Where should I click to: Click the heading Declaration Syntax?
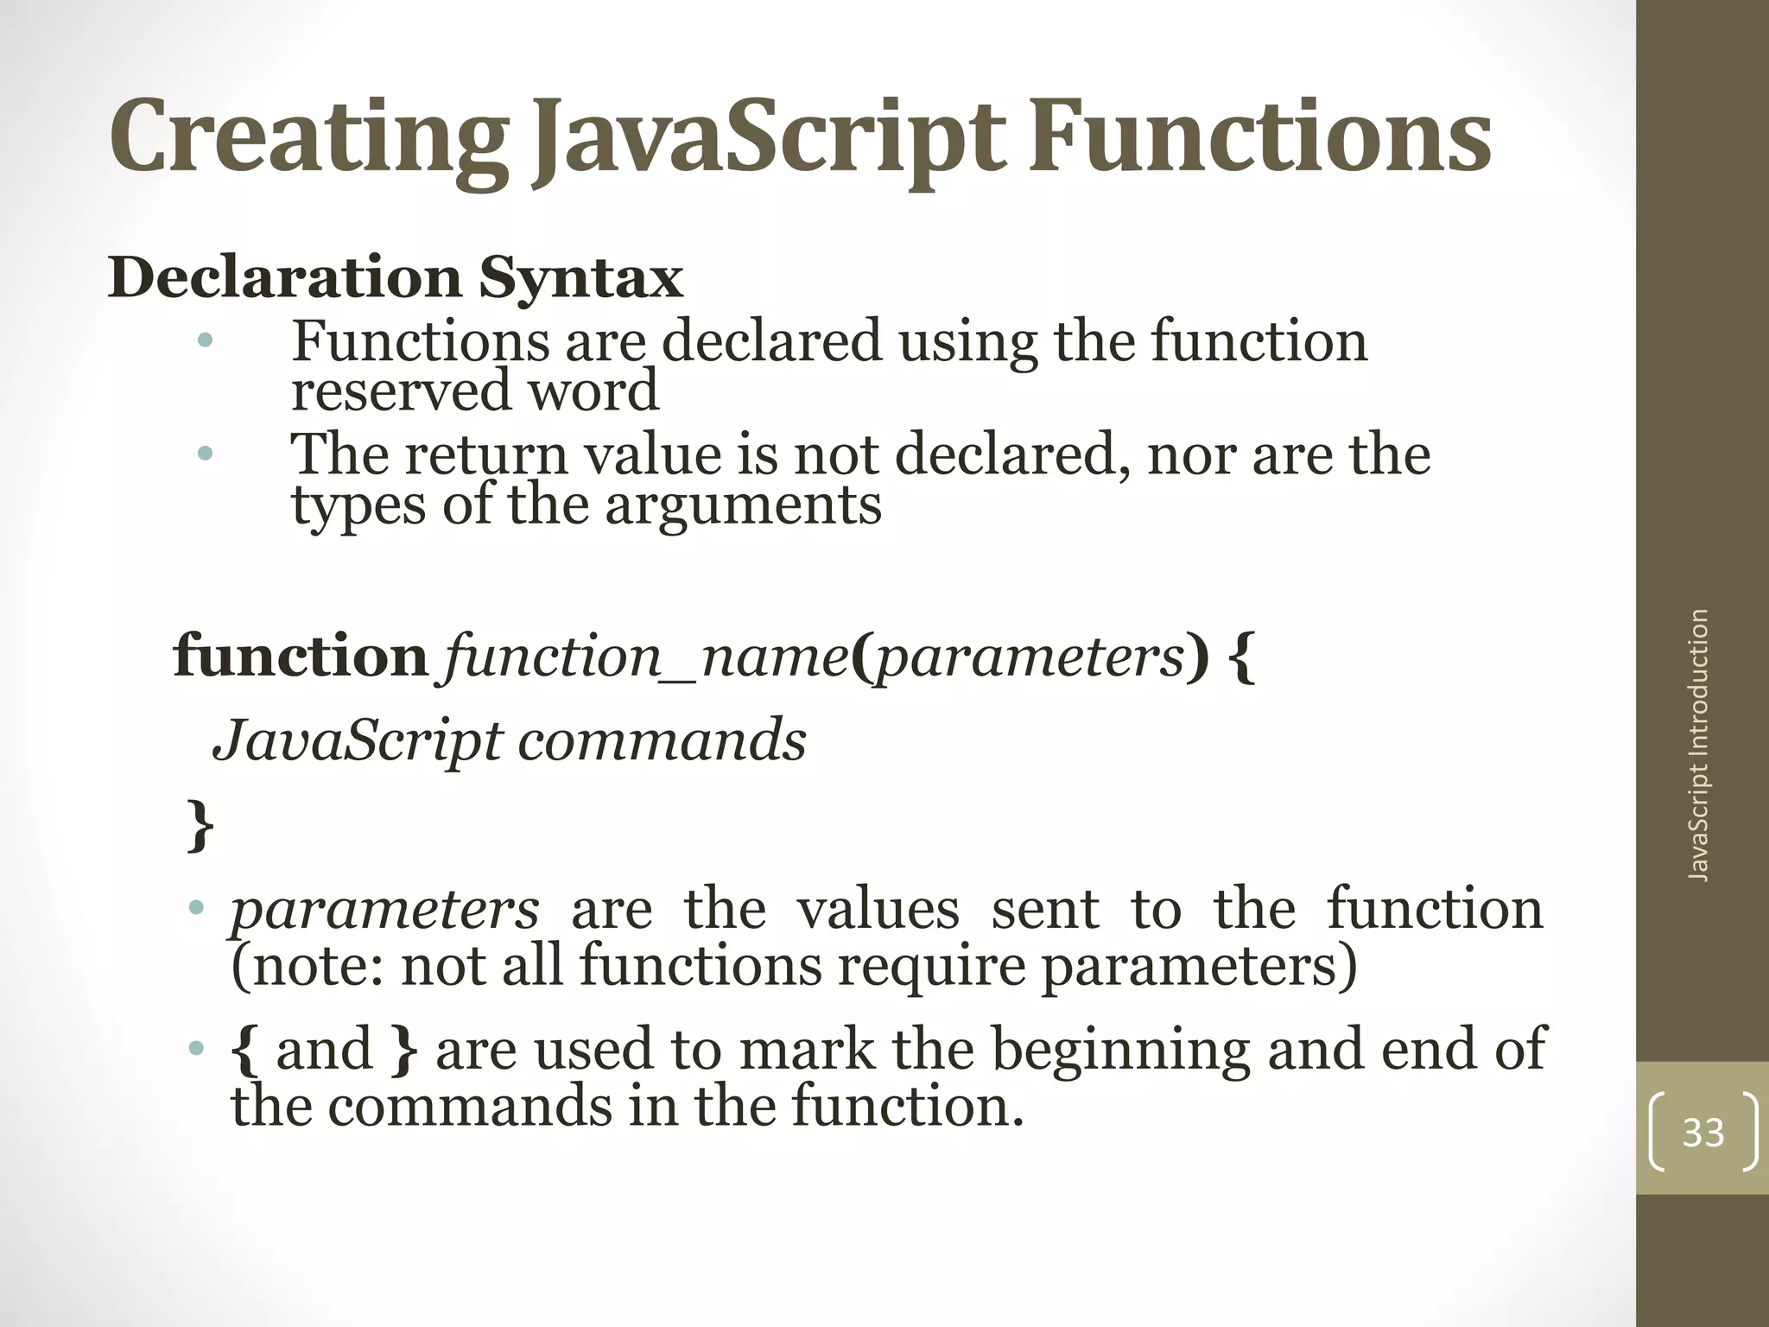pos(395,278)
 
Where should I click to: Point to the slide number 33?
pos(1702,1133)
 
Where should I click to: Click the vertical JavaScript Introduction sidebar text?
pos(1698,745)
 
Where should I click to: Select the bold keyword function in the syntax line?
pos(301,657)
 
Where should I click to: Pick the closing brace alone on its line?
pos(200,825)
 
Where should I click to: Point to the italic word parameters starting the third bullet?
pos(384,910)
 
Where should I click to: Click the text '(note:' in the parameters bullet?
pos(308,965)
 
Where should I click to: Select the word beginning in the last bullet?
pos(1119,1050)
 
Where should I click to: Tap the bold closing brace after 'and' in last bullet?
pos(404,1050)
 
